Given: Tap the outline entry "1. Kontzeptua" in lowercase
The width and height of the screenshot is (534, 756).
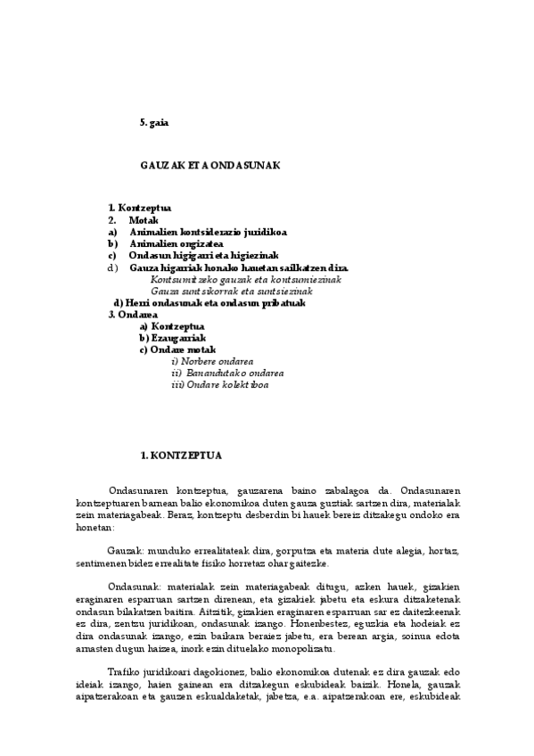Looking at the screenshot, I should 140,208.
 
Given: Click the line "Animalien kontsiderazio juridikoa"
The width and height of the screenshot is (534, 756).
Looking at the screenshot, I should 195,231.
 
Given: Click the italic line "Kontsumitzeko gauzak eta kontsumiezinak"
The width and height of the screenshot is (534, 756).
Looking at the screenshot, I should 245,279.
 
